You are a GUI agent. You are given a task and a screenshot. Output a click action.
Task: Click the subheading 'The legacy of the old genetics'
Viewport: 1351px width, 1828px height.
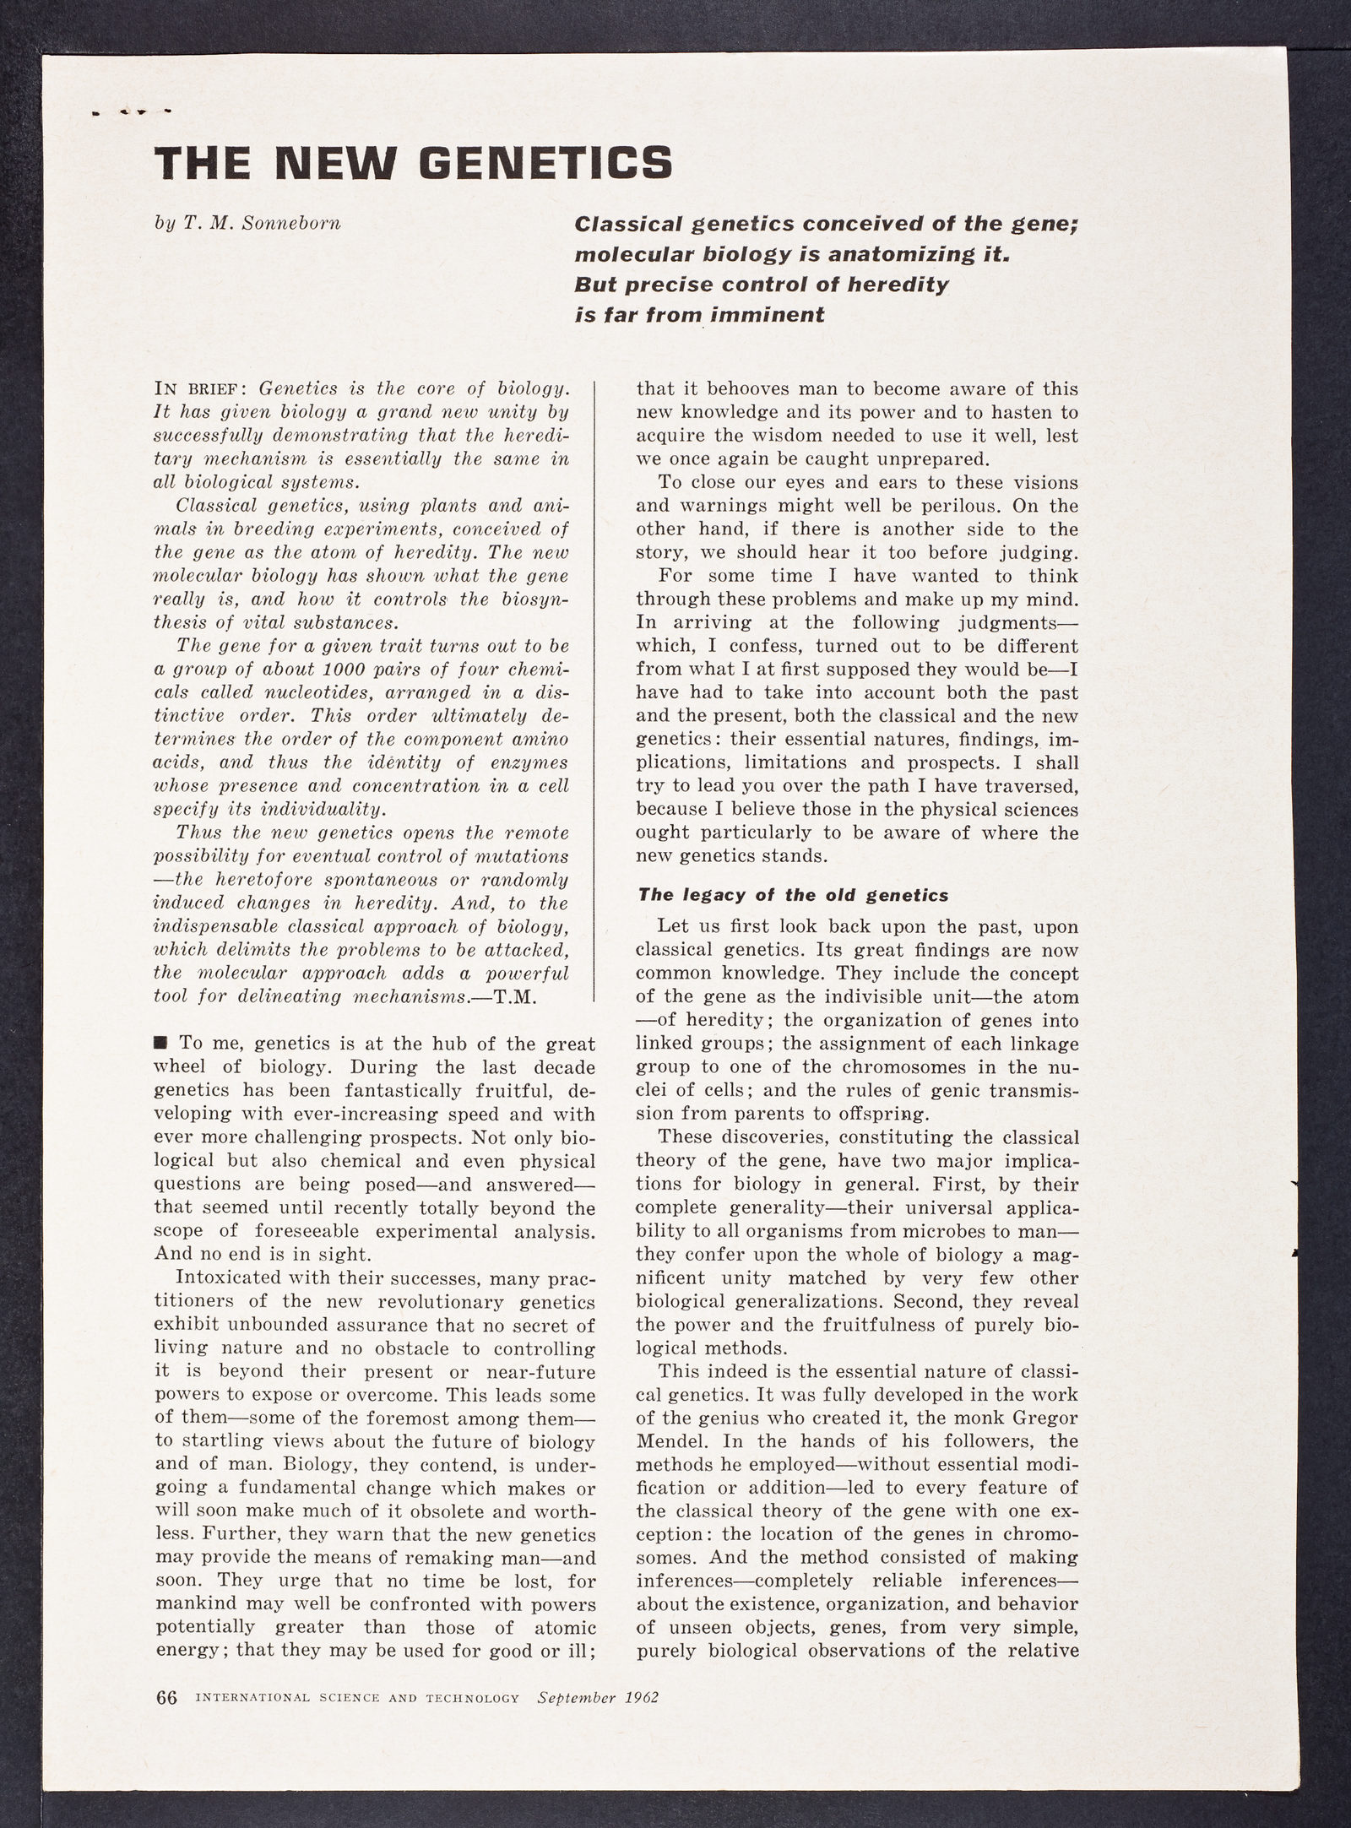click(793, 894)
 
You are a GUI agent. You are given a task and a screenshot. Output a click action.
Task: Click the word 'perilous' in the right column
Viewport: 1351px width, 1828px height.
click(969, 507)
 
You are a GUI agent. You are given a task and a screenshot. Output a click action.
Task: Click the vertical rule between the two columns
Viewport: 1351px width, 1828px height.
click(597, 692)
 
